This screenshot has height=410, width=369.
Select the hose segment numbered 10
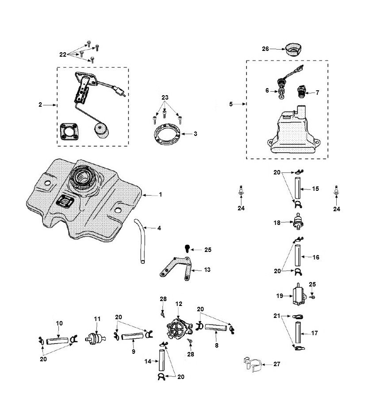coord(59,341)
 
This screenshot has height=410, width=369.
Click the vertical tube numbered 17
coord(297,333)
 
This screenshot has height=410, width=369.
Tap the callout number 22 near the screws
coord(63,54)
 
